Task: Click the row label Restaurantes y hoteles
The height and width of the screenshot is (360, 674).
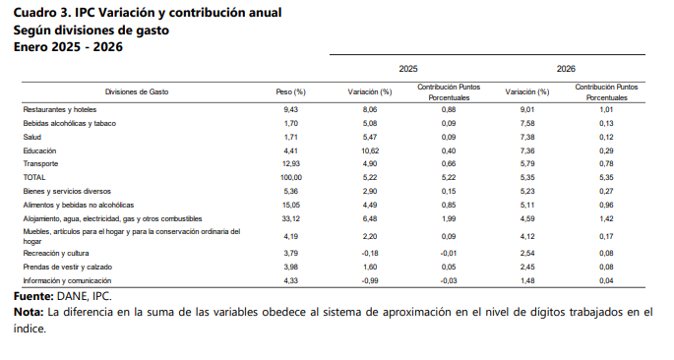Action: coord(60,109)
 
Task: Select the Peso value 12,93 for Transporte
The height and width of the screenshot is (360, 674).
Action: coord(290,163)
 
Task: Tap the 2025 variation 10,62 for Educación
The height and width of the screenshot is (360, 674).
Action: coord(370,150)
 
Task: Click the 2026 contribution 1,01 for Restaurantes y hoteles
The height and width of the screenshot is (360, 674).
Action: coord(606,109)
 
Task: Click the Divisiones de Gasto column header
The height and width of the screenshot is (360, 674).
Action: coord(137,91)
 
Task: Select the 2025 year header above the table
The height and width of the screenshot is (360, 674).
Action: coord(408,69)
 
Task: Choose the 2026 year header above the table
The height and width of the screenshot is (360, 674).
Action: coord(566,69)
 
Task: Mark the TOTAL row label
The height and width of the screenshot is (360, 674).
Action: coord(34,177)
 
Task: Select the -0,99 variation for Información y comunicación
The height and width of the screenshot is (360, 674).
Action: coord(370,281)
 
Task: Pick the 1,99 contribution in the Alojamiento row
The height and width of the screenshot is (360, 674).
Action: coord(449,217)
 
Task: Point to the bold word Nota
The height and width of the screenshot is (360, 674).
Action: coord(29,312)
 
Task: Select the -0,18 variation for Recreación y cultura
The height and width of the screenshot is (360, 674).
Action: coord(370,254)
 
